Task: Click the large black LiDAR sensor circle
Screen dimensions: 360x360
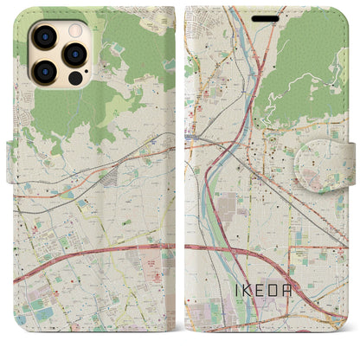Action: [x=74, y=77]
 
